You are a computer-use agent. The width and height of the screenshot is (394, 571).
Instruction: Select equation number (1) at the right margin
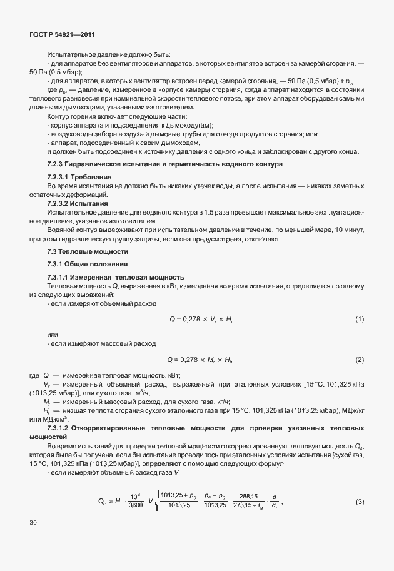(x=360, y=320)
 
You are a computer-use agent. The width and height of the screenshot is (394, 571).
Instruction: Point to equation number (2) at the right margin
(x=360, y=360)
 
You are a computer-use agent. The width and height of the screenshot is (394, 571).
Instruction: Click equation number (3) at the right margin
(x=360, y=485)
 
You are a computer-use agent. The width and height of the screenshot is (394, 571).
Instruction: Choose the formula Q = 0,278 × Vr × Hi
(x=201, y=320)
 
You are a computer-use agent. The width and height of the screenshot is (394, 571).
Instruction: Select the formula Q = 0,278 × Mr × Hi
(x=200, y=360)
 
